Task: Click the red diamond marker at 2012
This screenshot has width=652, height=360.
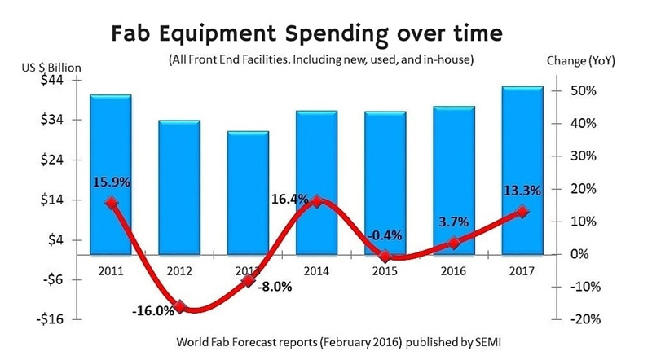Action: (180, 307)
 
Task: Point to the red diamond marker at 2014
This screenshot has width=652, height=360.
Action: (317, 200)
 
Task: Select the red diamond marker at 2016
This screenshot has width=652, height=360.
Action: (454, 242)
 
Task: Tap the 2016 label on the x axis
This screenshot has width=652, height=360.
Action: (454, 270)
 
